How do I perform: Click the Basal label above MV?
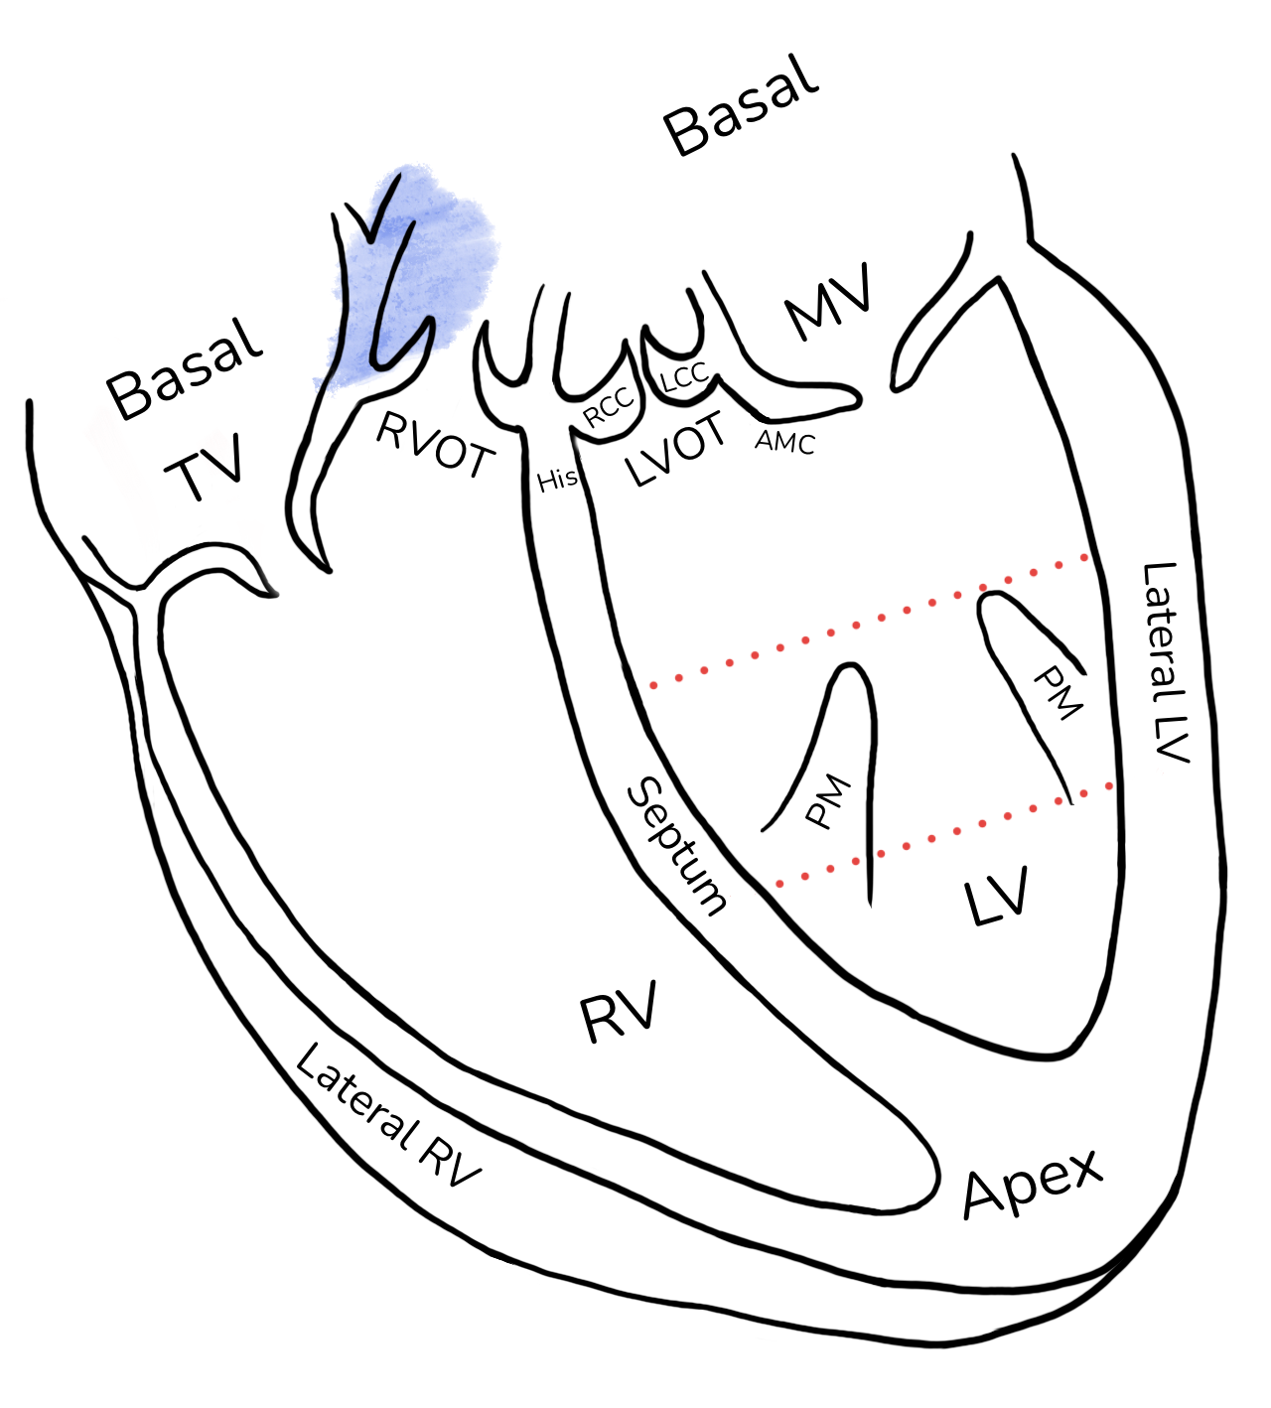click(x=741, y=105)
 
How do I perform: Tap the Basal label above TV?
click(x=184, y=370)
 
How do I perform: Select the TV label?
click(x=204, y=467)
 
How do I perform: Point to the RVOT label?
click(x=435, y=445)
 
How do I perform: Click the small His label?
click(x=558, y=481)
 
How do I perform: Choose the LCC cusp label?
click(x=685, y=377)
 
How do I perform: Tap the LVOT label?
click(x=675, y=449)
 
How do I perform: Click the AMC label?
click(x=785, y=443)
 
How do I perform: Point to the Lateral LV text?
click(x=1166, y=662)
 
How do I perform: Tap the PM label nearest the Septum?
click(x=828, y=801)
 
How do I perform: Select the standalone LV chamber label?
click(x=996, y=896)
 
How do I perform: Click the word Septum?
click(x=675, y=846)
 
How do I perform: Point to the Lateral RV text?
click(x=387, y=1116)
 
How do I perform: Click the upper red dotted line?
click(x=869, y=621)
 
